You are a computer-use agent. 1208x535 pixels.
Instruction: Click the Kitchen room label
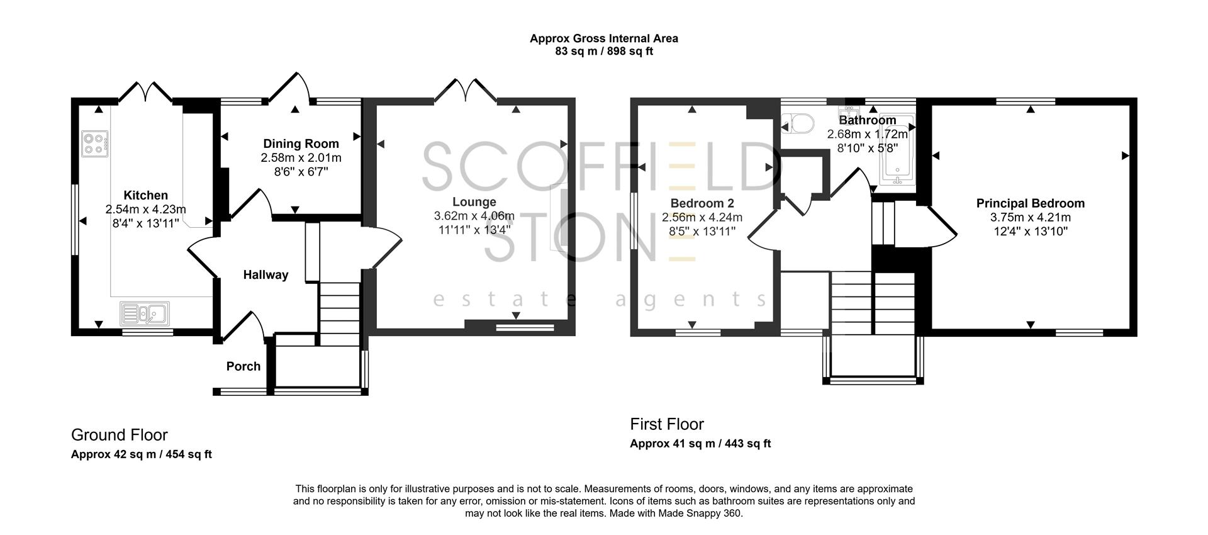pos(145,195)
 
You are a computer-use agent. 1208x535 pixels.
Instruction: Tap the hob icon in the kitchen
pos(95,143)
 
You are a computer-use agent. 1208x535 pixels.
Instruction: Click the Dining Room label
pos(301,144)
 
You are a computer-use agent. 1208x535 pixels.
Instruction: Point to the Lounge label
pos(474,202)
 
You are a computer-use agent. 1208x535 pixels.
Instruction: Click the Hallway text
pos(266,274)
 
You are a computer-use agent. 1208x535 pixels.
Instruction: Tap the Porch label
pos(243,366)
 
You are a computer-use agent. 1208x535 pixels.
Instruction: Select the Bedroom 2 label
pos(702,203)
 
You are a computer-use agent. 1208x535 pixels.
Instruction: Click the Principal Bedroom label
pos(1030,203)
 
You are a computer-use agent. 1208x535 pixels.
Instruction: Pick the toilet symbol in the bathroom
pos(798,123)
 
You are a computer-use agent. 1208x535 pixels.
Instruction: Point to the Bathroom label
pos(867,120)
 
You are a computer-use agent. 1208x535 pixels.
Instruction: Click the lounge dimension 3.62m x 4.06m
pos(474,216)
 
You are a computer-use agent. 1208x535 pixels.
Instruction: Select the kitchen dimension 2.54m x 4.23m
pos(145,209)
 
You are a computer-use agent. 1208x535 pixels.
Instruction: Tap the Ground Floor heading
pos(120,435)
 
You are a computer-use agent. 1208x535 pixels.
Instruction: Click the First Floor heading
pos(667,424)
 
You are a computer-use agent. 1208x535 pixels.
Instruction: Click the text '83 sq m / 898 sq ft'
pos(603,52)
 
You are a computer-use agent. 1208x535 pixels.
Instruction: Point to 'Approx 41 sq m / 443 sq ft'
pos(700,444)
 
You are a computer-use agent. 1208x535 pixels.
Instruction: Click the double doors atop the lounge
pos(466,90)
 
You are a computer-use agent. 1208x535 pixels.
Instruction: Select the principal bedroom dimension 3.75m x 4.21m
pos(1030,217)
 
